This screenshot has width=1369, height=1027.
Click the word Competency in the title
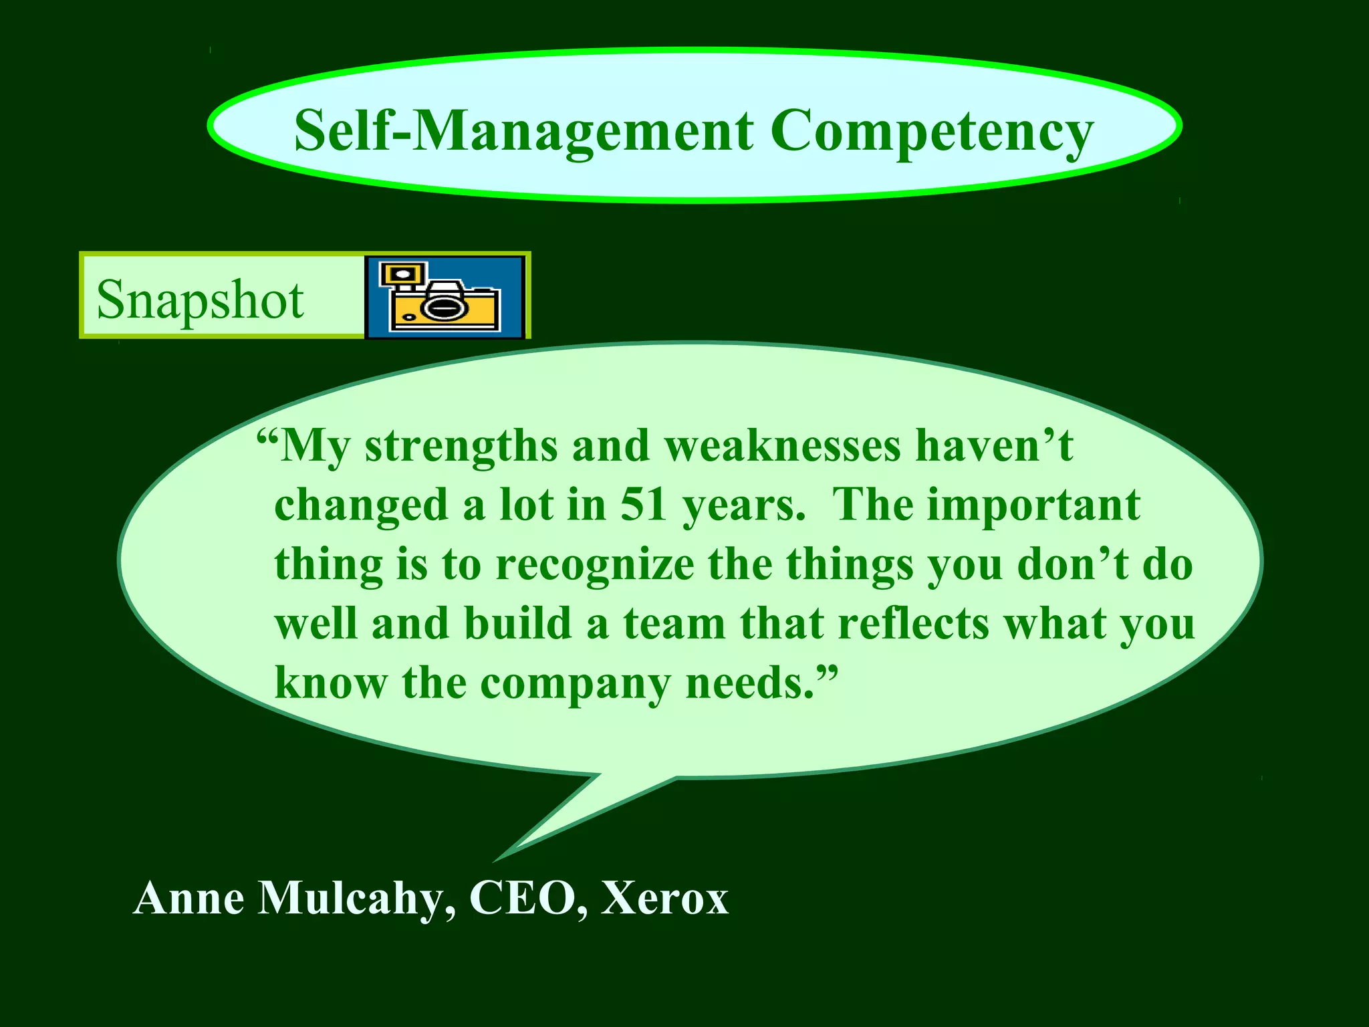(x=932, y=131)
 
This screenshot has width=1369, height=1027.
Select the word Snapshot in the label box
(x=200, y=300)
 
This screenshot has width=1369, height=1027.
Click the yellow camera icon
(x=445, y=297)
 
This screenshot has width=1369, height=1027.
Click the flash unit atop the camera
(x=402, y=274)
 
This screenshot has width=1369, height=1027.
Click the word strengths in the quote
(x=461, y=447)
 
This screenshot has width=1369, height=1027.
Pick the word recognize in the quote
(x=595, y=565)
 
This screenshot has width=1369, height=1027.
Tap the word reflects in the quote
(x=912, y=623)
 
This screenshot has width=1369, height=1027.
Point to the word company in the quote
(x=575, y=685)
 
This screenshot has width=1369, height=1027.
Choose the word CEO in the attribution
(x=522, y=899)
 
